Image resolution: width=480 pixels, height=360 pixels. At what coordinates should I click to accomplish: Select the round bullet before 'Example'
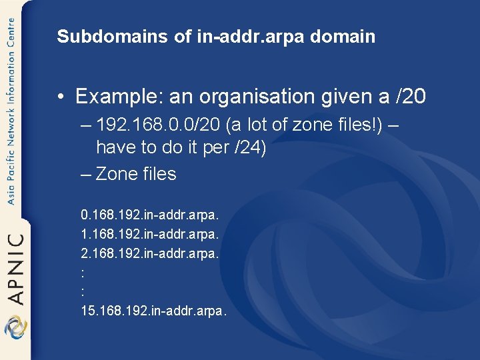coord(61,98)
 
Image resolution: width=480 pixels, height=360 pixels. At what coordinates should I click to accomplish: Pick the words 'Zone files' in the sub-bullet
coord(136,174)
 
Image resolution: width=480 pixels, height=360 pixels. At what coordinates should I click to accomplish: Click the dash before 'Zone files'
coord(85,174)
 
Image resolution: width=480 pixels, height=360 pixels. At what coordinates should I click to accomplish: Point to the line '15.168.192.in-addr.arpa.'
coord(153,311)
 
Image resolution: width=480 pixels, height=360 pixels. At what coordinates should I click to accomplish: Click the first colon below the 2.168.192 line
coord(82,273)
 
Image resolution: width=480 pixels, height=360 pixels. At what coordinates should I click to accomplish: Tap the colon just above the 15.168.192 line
coord(82,292)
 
